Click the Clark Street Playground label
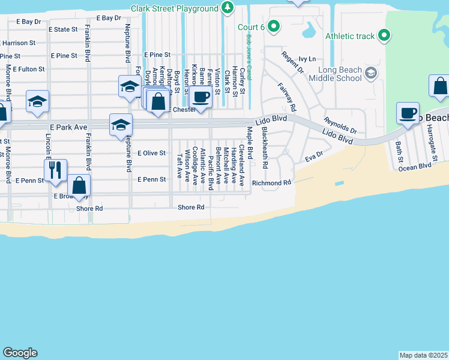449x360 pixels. coord(175,8)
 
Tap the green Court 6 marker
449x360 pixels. coord(274,26)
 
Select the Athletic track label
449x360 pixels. coord(350,36)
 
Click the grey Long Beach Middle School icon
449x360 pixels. coord(371,74)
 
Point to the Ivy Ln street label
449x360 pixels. coord(307,59)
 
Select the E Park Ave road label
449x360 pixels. coord(69,128)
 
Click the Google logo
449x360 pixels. coord(20,353)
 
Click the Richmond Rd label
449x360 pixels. coord(271,182)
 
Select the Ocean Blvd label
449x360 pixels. coord(415,166)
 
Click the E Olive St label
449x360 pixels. coord(151,153)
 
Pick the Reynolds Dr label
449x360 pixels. coord(340,125)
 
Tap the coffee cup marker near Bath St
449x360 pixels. coord(409,113)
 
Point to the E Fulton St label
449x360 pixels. coord(28,70)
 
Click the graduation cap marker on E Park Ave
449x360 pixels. coord(121,125)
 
